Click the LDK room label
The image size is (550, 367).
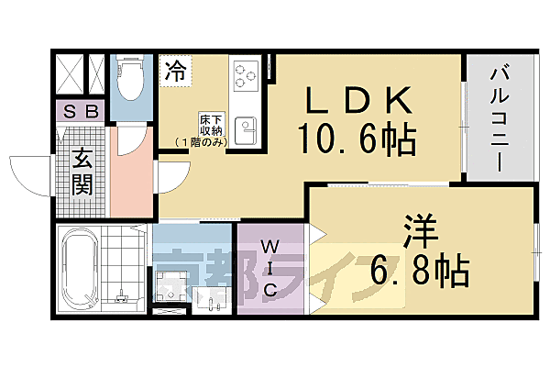click(357, 97)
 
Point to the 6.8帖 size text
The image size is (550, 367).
click(421, 271)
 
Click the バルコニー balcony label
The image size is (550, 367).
click(500, 117)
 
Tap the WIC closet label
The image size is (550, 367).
click(272, 268)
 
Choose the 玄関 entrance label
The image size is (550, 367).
click(81, 172)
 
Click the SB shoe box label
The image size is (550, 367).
click(80, 113)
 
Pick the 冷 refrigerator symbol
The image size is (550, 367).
click(175, 72)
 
